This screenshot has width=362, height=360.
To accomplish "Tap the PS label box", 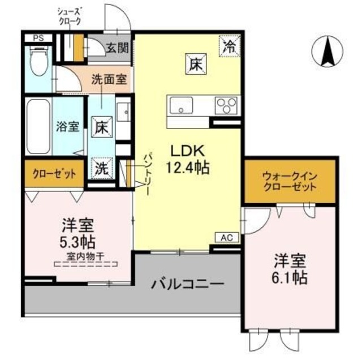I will coord(38,38).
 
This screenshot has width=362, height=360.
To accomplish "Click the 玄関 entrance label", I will coord(117,49).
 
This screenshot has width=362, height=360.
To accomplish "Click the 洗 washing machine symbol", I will coord(101,167).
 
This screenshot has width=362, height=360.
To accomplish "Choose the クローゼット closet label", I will coord(54,174).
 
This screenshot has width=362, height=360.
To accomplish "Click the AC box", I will coord(225,238).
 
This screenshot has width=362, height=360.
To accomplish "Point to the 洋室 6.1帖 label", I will coord(290,269).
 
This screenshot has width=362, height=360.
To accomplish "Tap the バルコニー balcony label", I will coord(187,283).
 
